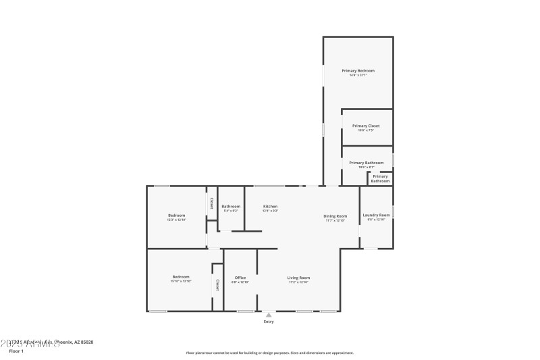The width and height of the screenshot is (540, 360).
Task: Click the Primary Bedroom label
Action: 358,71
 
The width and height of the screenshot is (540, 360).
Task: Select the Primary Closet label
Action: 366,126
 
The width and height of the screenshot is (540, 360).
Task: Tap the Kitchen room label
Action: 270,207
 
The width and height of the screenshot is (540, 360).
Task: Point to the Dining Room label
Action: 335,216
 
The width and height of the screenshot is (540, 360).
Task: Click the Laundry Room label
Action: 376,215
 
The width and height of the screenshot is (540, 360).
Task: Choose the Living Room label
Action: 298,278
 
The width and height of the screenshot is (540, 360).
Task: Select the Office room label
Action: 240,278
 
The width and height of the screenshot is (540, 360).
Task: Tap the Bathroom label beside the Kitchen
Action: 231,207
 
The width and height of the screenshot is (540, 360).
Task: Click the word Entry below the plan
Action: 269,322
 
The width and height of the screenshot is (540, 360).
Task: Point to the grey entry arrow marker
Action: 269,315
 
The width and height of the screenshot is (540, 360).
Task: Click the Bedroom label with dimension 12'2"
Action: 176,215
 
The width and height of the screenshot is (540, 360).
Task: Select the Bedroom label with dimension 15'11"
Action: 180,276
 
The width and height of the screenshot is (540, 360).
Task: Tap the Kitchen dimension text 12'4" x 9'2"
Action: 270,211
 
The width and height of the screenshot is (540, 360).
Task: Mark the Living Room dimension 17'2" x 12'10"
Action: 298,282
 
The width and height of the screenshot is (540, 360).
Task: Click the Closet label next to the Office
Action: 217,284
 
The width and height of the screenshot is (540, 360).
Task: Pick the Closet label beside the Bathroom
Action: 211,203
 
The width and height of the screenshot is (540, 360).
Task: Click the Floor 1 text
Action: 16,351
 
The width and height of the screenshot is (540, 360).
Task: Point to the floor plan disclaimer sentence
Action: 269,353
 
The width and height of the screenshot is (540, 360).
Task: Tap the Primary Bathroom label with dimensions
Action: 366,163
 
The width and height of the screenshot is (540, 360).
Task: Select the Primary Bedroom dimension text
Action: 358,75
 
